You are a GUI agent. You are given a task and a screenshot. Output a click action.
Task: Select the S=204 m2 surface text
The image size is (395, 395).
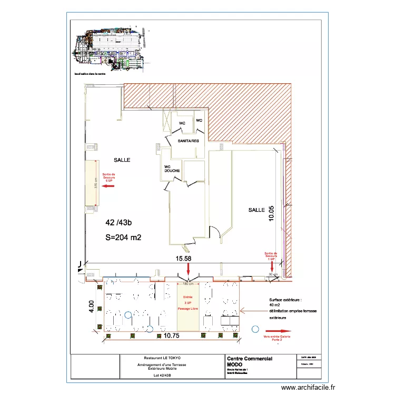[x=124, y=238]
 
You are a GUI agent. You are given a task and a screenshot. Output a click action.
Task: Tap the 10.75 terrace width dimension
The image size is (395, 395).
[x=170, y=335]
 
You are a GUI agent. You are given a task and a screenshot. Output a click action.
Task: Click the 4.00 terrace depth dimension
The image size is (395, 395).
[x=91, y=306]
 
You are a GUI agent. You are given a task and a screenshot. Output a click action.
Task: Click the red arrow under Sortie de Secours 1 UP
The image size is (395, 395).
[x=272, y=266]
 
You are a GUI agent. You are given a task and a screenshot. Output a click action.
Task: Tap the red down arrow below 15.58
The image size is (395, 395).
[x=189, y=270]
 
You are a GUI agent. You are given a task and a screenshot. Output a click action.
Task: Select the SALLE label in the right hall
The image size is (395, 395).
[x=256, y=210]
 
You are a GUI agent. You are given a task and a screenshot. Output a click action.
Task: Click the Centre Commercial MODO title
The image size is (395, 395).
[x=249, y=361]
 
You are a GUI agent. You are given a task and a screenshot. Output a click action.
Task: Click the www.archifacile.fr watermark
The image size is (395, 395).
[x=308, y=387]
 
